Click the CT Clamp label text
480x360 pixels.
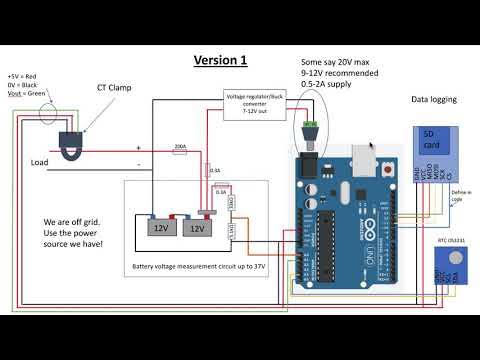[116, 88]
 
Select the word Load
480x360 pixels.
[40, 161]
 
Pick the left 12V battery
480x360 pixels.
[159, 226]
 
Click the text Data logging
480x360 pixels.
[435, 100]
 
